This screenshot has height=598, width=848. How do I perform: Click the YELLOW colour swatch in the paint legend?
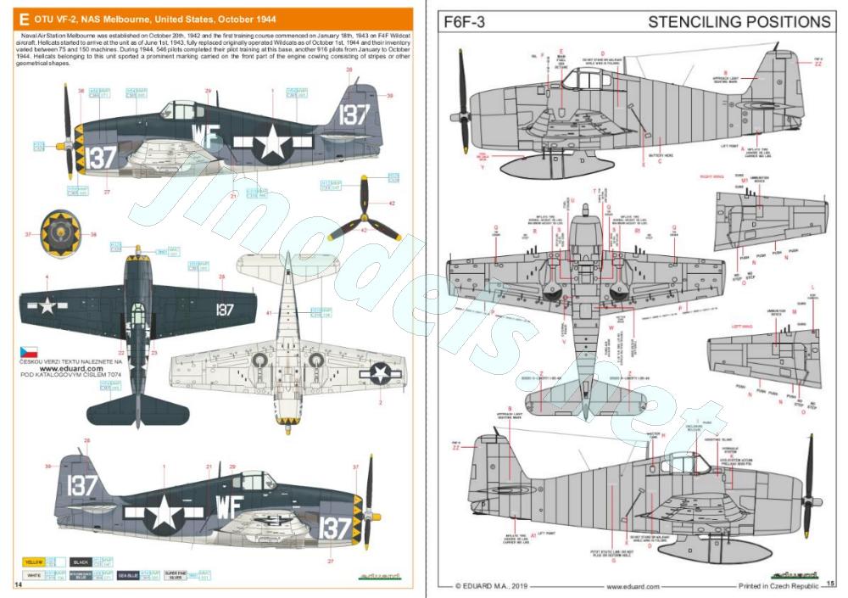(33, 562)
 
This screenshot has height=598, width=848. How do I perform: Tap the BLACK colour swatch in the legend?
(81, 562)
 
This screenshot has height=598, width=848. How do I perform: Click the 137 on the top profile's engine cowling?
(101, 157)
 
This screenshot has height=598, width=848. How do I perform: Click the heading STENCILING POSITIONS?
(739, 21)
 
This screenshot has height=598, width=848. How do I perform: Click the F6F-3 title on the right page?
(465, 22)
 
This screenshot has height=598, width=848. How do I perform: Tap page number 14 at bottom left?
(18, 584)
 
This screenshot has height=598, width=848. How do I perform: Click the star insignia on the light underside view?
(380, 372)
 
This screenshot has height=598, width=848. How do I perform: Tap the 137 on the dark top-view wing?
(224, 310)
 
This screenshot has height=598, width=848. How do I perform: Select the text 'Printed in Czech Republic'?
(777, 585)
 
